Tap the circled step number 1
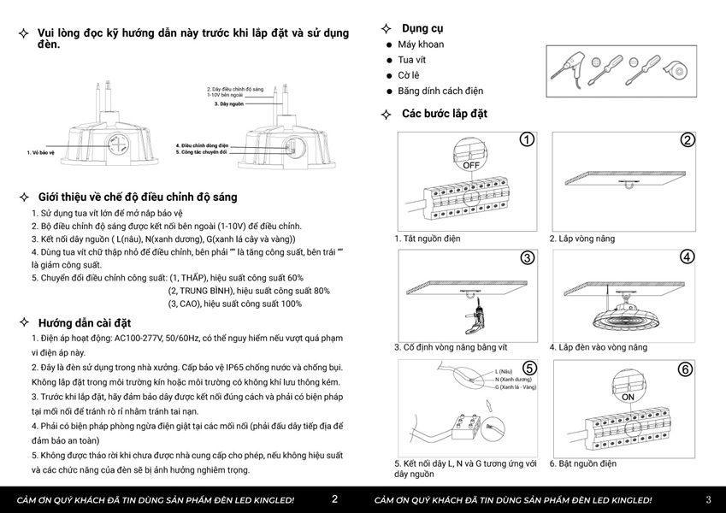tap(527, 140)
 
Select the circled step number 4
tap(687, 256)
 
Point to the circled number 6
tap(686, 369)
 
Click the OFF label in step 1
tap(472, 167)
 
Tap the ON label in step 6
tap(628, 398)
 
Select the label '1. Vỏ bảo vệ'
tap(40, 152)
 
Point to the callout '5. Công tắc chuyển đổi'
tap(201, 151)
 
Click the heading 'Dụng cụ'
tap(422, 28)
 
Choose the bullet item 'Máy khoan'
tap(421, 44)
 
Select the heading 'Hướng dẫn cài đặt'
tap(84, 322)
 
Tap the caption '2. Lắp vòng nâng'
tap(581, 239)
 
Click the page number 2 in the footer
tap(334, 499)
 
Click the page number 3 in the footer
tap(708, 499)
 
